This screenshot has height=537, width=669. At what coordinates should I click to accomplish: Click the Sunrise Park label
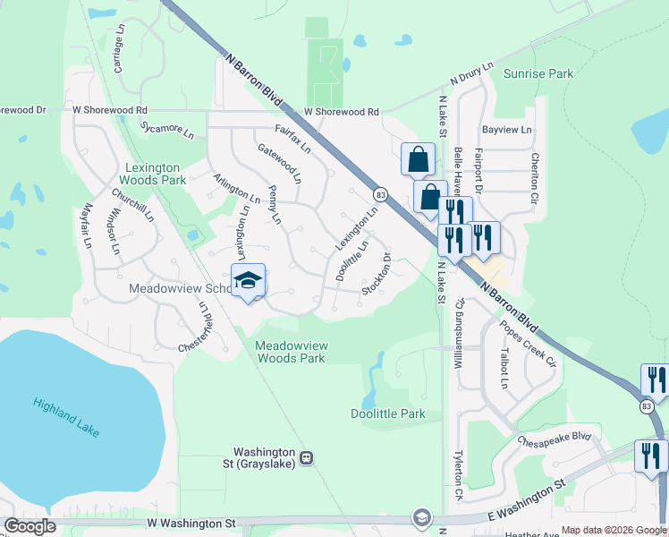(x=538, y=73)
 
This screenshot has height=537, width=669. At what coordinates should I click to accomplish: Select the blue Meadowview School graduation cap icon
(x=248, y=281)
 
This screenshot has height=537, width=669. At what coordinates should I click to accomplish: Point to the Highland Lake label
(x=66, y=417)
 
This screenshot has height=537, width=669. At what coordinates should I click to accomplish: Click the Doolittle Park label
(x=388, y=413)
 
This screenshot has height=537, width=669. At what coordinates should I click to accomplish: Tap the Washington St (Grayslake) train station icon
(x=306, y=457)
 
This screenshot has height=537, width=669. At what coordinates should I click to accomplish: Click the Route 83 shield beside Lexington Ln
(x=381, y=194)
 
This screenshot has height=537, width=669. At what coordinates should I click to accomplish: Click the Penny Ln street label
(x=275, y=208)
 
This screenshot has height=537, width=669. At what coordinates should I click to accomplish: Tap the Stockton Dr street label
(x=377, y=277)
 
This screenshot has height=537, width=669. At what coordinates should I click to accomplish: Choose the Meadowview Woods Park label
(x=291, y=351)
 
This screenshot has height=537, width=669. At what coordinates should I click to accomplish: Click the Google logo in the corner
(x=30, y=526)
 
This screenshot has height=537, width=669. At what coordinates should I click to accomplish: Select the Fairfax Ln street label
(x=292, y=139)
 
